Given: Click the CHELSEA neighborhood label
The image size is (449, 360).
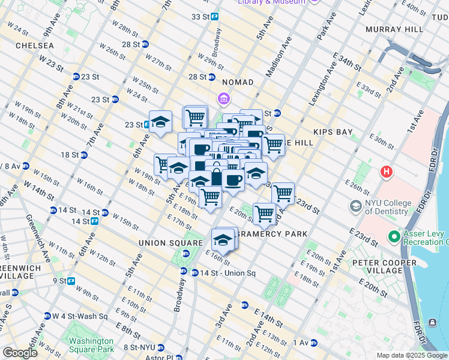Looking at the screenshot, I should tap(34, 45).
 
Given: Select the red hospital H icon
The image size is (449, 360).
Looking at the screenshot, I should tap(387, 172).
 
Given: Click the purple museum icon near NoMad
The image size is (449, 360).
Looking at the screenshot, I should tap(223, 98).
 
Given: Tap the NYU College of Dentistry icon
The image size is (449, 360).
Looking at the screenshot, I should tap(356, 206).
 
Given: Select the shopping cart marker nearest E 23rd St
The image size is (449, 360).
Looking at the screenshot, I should tap(282, 193).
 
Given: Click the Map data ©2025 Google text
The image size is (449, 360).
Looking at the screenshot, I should tap(412, 355).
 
